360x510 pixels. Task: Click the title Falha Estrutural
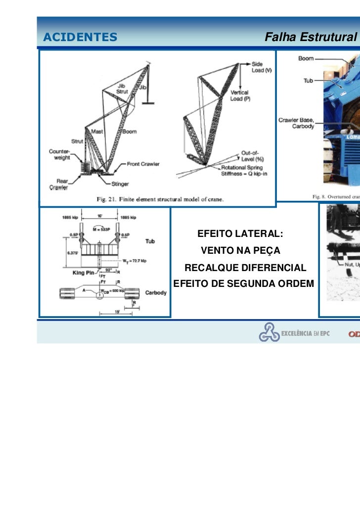(311, 37)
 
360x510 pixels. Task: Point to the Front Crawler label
(143, 164)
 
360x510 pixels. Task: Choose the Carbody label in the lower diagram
(155, 292)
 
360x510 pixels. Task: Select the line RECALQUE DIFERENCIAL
(245, 268)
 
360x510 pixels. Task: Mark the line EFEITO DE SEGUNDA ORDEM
(244, 283)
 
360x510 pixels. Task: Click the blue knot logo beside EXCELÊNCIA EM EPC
(269, 332)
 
